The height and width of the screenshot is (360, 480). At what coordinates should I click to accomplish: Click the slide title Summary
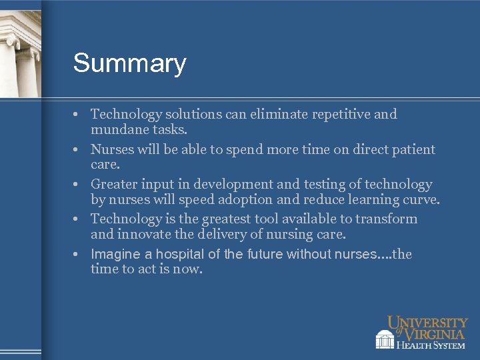pyautogui.click(x=129, y=64)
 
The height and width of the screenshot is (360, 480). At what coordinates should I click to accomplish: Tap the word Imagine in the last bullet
pyautogui.click(x=115, y=254)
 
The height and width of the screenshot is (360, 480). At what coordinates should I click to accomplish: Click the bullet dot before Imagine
pyautogui.click(x=77, y=254)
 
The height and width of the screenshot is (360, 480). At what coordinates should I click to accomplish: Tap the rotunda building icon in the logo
pyautogui.click(x=385, y=339)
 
